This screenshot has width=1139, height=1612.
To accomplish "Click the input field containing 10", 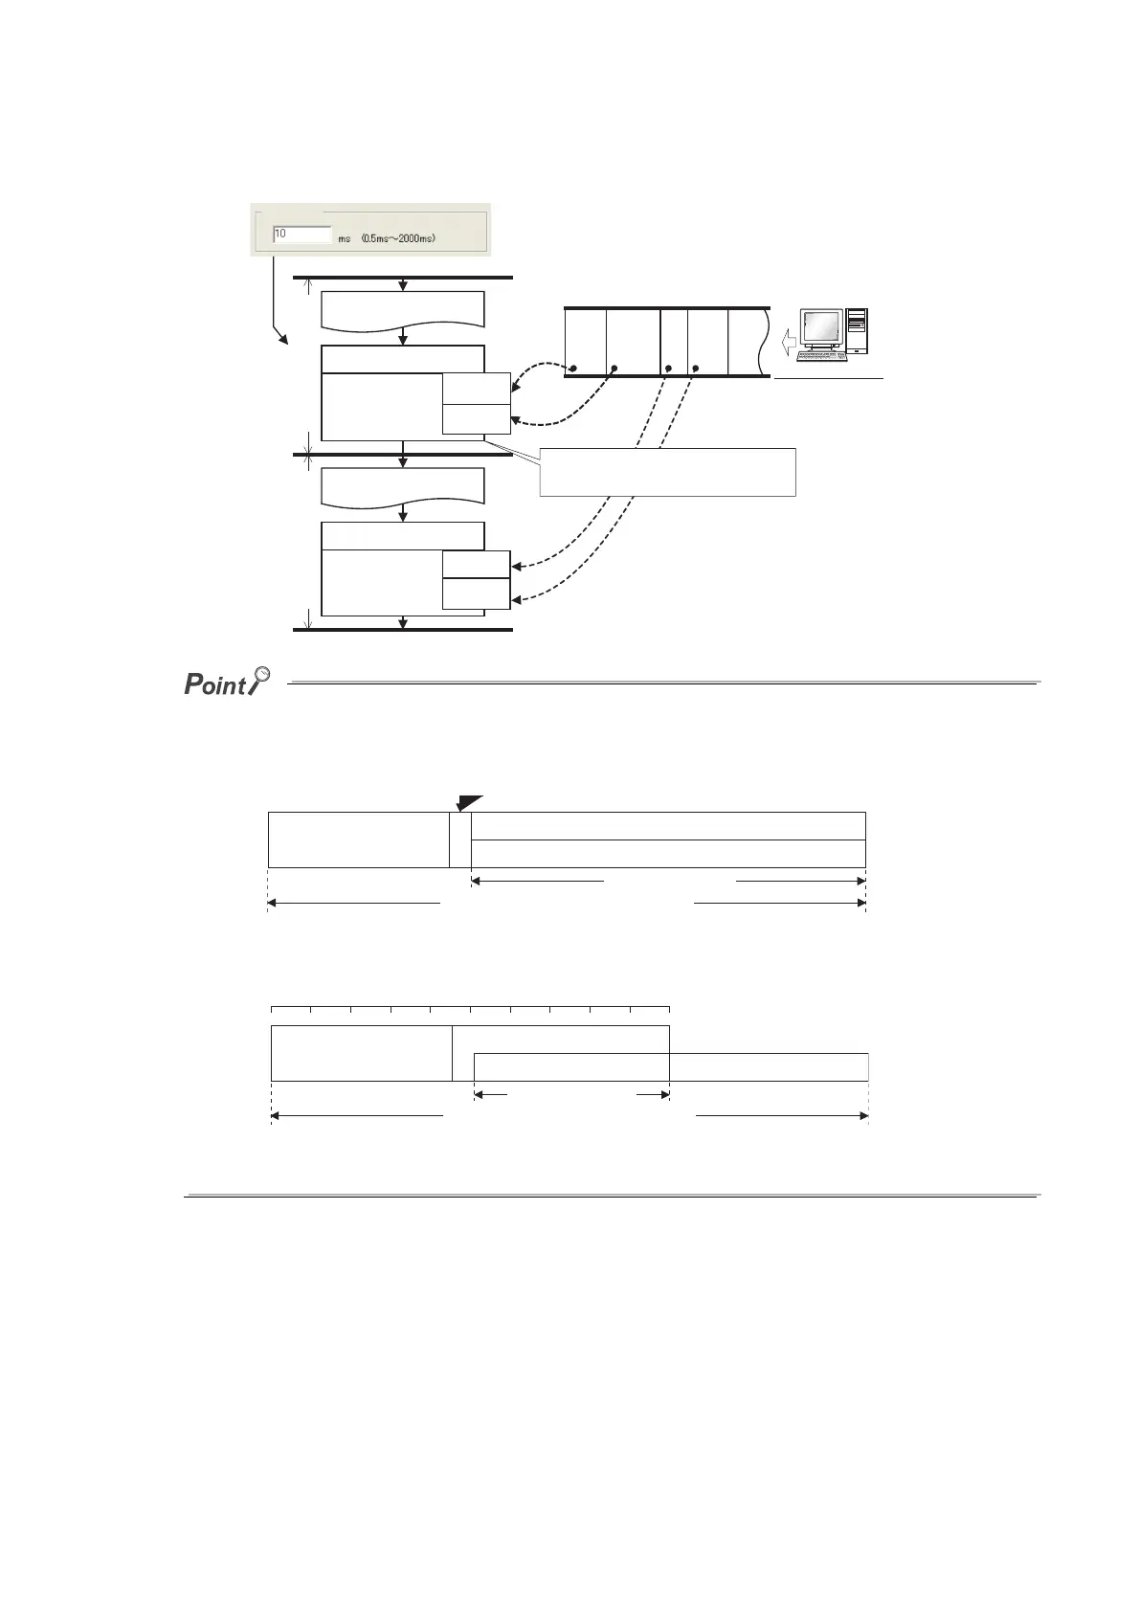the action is point(301,235).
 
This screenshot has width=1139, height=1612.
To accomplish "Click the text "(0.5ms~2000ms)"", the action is point(399,237).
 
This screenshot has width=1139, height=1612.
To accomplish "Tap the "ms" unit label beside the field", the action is point(345,237).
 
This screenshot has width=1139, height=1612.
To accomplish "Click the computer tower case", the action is point(857,331).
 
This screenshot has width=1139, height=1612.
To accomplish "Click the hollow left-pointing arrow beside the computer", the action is point(786,341).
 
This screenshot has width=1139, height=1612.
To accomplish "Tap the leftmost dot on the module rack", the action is point(572,369).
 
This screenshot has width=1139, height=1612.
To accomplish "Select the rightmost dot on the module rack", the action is point(696,369).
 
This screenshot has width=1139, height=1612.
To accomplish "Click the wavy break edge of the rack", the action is point(762,342).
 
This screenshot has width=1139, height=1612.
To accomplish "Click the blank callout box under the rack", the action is point(667,471).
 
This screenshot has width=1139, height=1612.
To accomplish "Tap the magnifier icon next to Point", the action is point(257,682).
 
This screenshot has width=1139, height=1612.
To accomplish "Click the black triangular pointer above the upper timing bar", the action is point(468,802).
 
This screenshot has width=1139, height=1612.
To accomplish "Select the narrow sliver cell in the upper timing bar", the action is point(460,840).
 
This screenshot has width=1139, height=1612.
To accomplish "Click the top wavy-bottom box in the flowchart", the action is point(403,309).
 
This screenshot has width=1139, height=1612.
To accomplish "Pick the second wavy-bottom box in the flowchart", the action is point(403,486).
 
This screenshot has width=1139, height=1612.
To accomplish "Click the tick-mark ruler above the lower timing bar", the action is point(470,1009).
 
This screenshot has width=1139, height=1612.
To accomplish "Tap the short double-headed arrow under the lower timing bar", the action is point(571,1094).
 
